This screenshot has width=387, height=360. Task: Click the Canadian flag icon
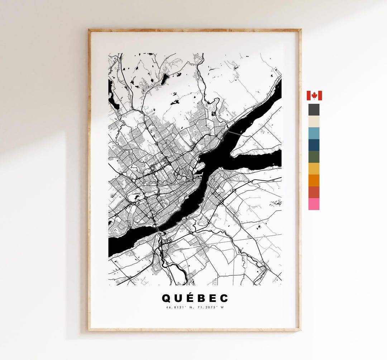(314, 95)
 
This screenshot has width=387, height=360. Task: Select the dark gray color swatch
(314, 110)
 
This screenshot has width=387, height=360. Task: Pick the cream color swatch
(314, 122)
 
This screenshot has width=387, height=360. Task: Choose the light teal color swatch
(314, 133)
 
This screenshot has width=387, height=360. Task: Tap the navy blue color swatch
(314, 145)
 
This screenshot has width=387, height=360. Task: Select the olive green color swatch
(314, 157)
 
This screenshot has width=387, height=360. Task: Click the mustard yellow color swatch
(314, 169)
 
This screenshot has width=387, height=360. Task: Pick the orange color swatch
(314, 180)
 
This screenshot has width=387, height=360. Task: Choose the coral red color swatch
(314, 192)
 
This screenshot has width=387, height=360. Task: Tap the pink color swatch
(314, 204)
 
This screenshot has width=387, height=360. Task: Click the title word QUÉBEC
(195, 298)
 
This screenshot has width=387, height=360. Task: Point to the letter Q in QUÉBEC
(166, 298)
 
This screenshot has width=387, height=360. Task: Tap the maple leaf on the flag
(314, 95)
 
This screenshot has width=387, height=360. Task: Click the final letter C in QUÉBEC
(224, 298)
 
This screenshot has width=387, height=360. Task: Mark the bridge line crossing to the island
(234, 133)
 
